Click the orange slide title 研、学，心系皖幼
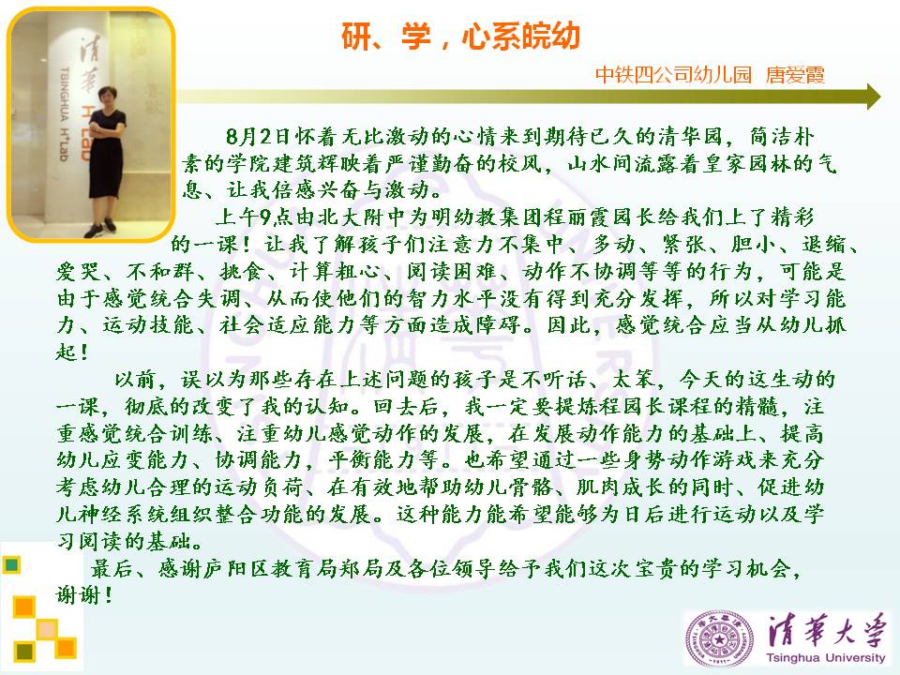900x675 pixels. pyautogui.click(x=460, y=37)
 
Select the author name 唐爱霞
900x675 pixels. pyautogui.click(x=795, y=75)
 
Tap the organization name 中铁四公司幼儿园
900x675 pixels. pyautogui.click(x=673, y=75)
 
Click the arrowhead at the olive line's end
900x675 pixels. pyautogui.click(x=874, y=97)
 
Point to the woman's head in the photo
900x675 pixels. pyautogui.click(x=107, y=96)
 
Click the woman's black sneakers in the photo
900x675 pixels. pyautogui.click(x=100, y=228)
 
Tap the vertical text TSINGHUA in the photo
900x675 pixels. pyautogui.click(x=65, y=95)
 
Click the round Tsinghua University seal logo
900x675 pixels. pyautogui.click(x=719, y=638)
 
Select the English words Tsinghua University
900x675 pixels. pyautogui.click(x=825, y=657)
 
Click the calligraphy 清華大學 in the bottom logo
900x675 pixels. pyautogui.click(x=827, y=630)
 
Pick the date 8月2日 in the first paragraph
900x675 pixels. pyautogui.click(x=258, y=137)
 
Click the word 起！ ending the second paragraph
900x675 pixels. pyautogui.click(x=72, y=352)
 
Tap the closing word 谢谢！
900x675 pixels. pyautogui.click(x=83, y=594)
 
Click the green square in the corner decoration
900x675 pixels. pyautogui.click(x=11, y=564)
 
